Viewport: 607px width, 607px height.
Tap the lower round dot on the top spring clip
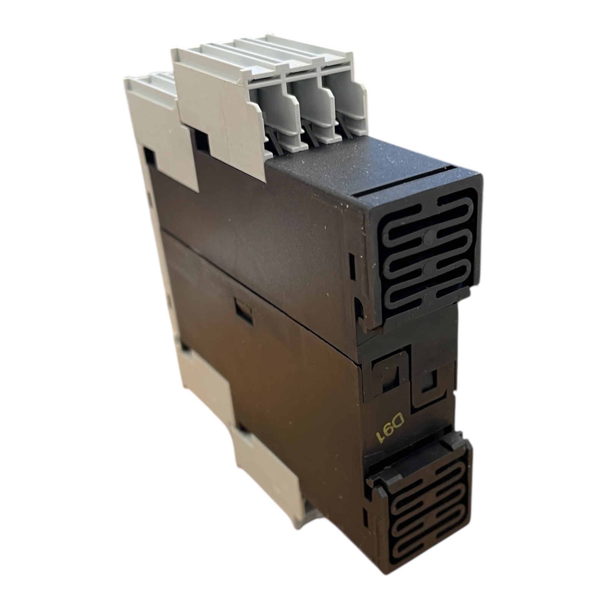click(429, 269)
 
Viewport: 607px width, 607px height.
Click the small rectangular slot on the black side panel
click(244, 310)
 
